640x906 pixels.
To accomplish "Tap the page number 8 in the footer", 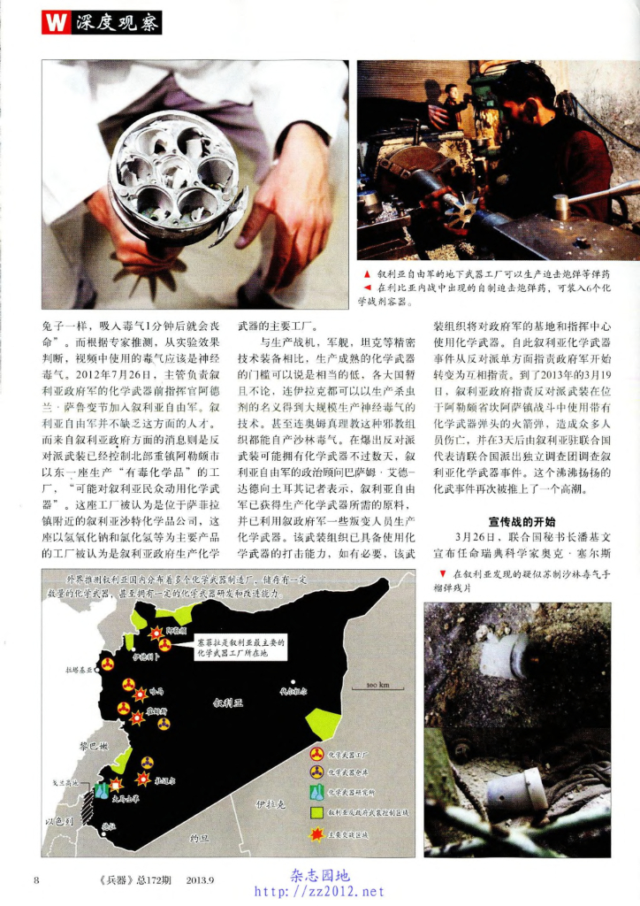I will [x=36, y=879].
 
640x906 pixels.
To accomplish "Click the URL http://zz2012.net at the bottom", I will [x=320, y=891].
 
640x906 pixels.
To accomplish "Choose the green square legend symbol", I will [x=316, y=812].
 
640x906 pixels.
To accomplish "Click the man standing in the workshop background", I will [x=452, y=106].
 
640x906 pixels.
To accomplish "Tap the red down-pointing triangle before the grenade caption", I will [x=443, y=573].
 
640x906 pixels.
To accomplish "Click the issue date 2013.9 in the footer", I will [x=202, y=879].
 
